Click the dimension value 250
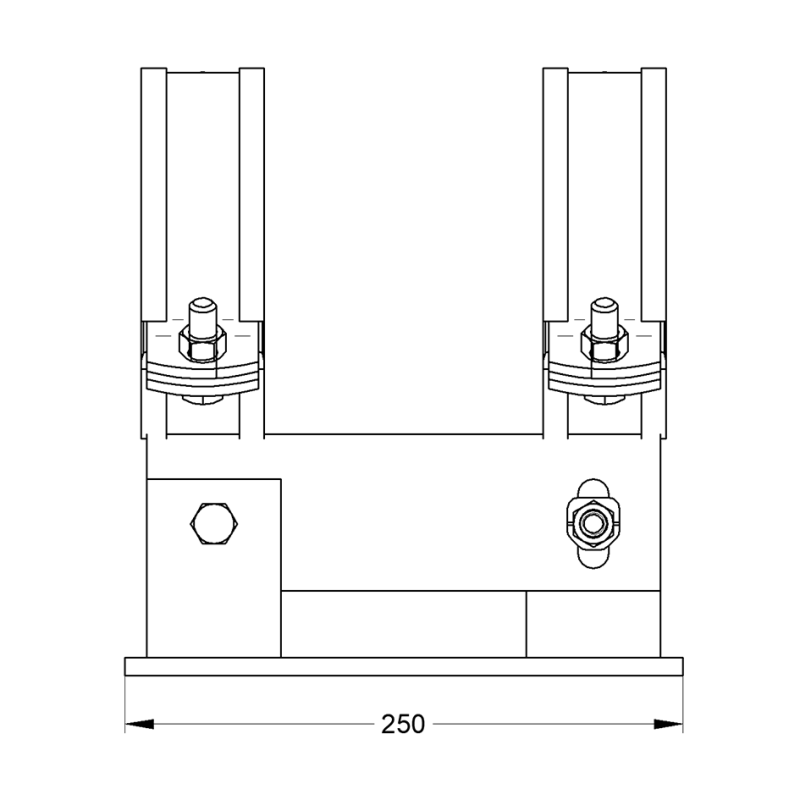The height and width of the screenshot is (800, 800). pyautogui.click(x=403, y=723)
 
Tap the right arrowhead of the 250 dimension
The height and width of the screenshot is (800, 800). pyautogui.click(x=669, y=722)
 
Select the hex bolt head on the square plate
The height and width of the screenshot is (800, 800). pyautogui.click(x=214, y=523)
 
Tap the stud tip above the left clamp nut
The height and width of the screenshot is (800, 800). pyautogui.click(x=204, y=306)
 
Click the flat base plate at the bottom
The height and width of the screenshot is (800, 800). pyautogui.click(x=403, y=666)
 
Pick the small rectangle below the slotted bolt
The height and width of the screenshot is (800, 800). pyautogui.click(x=592, y=624)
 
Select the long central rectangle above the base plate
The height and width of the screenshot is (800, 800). pyautogui.click(x=403, y=624)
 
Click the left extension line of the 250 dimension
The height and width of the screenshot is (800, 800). pyautogui.click(x=125, y=700)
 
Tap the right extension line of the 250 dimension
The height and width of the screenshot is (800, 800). pyautogui.click(x=682, y=700)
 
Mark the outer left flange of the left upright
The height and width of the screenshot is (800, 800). pyautogui.click(x=153, y=200)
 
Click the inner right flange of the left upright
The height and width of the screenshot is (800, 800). pyautogui.click(x=253, y=200)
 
